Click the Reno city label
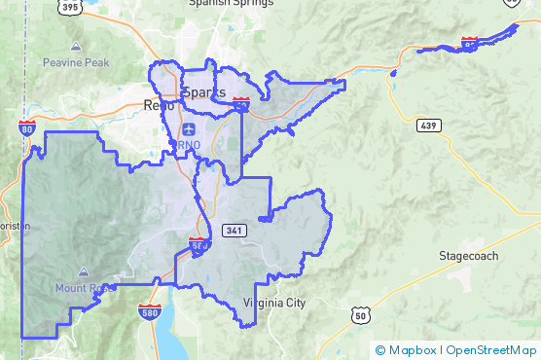158,104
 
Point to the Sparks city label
202,92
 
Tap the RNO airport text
186,145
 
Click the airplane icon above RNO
188,129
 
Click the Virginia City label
274,303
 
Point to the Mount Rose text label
85,288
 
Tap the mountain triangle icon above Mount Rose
85,271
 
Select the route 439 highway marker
429,126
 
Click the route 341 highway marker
233,231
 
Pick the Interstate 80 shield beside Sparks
241,101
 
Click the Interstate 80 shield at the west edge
26,127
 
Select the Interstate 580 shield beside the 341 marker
198,244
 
